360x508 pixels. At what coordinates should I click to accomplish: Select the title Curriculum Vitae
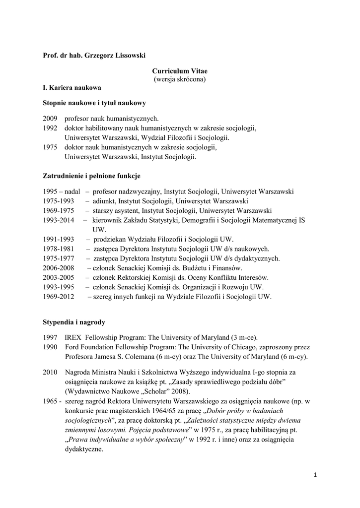pyautogui.click(x=180, y=71)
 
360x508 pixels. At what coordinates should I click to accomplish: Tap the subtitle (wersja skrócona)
pyautogui.click(x=180, y=79)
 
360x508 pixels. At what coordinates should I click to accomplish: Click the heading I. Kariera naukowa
pyautogui.click(x=72, y=87)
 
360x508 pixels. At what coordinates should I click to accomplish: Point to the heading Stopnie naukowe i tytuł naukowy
pyautogui.click(x=94, y=103)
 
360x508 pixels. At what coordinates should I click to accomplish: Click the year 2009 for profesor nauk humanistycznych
pyautogui.click(x=50, y=119)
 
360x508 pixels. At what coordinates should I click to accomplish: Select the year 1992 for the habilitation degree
pyautogui.click(x=50, y=128)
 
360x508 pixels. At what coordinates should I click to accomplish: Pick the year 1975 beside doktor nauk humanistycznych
pyautogui.click(x=50, y=147)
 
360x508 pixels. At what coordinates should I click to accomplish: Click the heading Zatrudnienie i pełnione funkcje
pyautogui.click(x=92, y=176)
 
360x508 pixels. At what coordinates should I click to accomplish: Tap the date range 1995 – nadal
pyautogui.click(x=62, y=191)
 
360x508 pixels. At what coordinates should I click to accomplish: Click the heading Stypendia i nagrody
pyautogui.click(x=74, y=322)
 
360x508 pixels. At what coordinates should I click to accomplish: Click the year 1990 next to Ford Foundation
pyautogui.click(x=50, y=347)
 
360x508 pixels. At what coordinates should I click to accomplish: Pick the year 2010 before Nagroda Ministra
pyautogui.click(x=50, y=372)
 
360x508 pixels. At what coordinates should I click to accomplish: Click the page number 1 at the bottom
pyautogui.click(x=315, y=475)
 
